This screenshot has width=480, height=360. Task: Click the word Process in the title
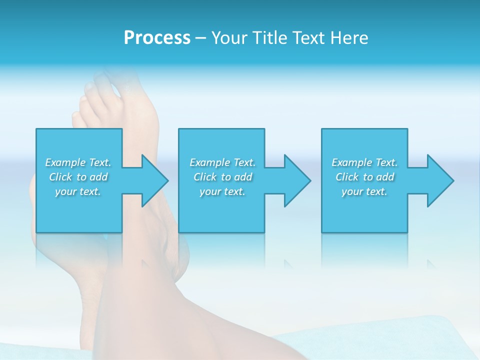click(x=157, y=38)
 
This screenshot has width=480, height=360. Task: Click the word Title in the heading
click(x=269, y=38)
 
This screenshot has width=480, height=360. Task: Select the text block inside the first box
click(x=78, y=177)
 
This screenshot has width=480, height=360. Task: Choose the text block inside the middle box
click(x=222, y=177)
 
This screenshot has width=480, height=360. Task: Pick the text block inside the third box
click(x=364, y=177)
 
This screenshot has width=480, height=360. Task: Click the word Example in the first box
click(x=65, y=162)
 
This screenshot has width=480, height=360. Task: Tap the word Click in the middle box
click(x=205, y=177)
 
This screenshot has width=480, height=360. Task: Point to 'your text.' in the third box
click(x=364, y=191)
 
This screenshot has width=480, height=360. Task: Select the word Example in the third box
click(x=351, y=162)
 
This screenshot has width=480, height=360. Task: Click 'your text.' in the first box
click(x=78, y=191)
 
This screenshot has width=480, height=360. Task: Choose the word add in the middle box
click(x=242, y=177)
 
